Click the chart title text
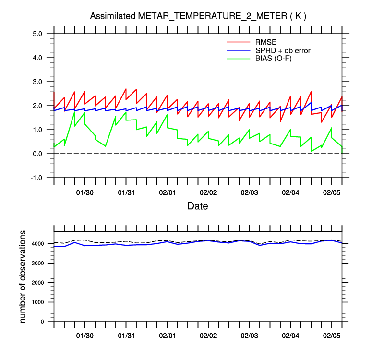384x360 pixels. [x=198, y=16]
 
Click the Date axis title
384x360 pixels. [x=198, y=206]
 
